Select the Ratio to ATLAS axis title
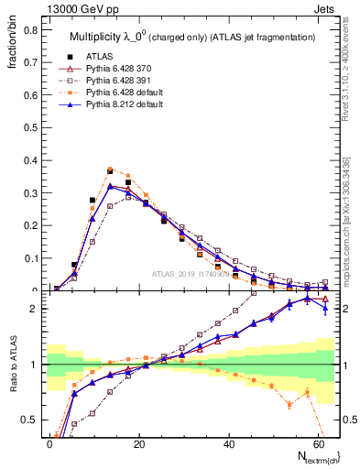click(14, 374)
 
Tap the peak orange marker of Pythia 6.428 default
click(110, 169)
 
